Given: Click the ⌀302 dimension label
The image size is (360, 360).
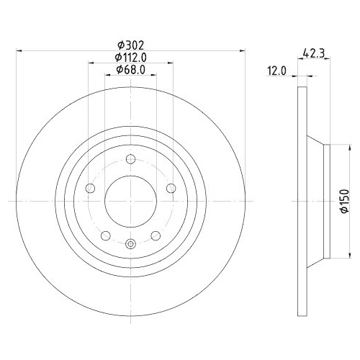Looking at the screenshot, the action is click(x=130, y=45).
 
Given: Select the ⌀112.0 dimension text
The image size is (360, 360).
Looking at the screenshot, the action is click(x=130, y=58).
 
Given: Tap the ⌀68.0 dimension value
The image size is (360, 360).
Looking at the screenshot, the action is click(x=130, y=70).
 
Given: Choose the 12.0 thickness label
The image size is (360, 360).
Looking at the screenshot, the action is click(x=277, y=71).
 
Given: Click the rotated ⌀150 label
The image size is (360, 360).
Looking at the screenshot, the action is click(x=345, y=201).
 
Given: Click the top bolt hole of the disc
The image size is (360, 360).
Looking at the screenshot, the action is click(x=130, y=159).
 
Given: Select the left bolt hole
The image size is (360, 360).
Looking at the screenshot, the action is click(x=90, y=188).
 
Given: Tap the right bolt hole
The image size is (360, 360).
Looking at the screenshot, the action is click(x=171, y=188).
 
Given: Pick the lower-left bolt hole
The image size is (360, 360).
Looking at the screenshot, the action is click(x=106, y=235).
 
